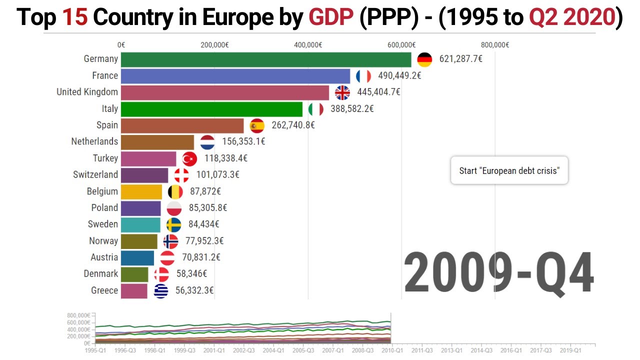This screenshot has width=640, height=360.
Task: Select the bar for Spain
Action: [x=182, y=125]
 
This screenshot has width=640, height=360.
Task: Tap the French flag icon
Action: [x=363, y=76]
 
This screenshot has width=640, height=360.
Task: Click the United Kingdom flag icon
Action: [x=342, y=92]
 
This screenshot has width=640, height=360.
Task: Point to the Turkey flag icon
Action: [x=189, y=158]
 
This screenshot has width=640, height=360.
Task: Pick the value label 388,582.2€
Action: [x=352, y=108]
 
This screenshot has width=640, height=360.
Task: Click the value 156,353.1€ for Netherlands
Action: [x=243, y=141]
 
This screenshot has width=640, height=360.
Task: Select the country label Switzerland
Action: [x=95, y=174]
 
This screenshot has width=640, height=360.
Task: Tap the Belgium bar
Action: [x=141, y=191]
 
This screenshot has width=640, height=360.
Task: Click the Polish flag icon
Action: [x=174, y=208]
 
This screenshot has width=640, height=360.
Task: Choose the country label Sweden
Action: [x=103, y=224]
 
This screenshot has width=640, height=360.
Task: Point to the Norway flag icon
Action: [x=170, y=241]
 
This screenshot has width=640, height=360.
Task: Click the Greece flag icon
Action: [x=161, y=290]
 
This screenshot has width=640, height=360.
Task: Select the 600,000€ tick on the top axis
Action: [x=401, y=45]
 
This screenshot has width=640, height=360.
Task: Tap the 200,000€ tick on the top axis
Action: [x=214, y=45]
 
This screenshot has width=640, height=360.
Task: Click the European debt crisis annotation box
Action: [x=509, y=170]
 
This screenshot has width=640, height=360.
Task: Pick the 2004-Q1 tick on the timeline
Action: [x=273, y=350]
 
